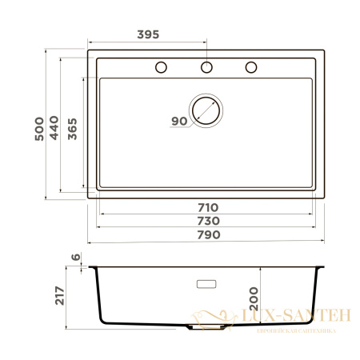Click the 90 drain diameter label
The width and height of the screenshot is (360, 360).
click(178, 121)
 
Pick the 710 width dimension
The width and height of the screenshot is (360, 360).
click(207, 207)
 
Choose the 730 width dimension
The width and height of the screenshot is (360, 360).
click(207, 220)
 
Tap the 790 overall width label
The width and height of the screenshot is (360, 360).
click(207, 234)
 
